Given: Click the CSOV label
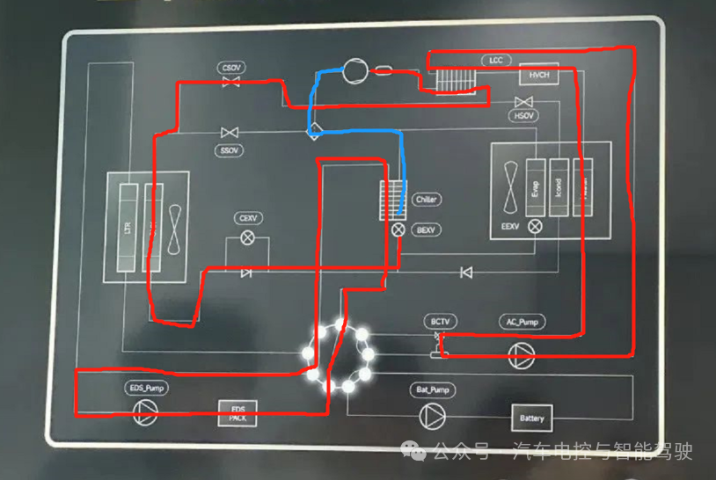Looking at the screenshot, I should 232,68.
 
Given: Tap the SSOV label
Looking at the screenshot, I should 230,150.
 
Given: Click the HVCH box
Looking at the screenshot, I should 538,76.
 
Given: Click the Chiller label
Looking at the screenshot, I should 427,200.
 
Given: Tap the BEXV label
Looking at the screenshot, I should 427,229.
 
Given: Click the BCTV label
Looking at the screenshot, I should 440,322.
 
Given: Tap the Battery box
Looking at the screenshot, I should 532,418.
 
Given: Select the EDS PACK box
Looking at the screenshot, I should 238,413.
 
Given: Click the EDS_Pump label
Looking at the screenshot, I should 146,387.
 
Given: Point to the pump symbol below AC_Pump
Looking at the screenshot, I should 521,353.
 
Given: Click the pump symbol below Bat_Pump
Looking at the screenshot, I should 431,415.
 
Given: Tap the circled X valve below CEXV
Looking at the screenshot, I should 247,237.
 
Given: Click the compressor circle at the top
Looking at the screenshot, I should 357,69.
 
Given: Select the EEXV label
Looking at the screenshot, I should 511,227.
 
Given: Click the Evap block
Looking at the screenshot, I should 535,186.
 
